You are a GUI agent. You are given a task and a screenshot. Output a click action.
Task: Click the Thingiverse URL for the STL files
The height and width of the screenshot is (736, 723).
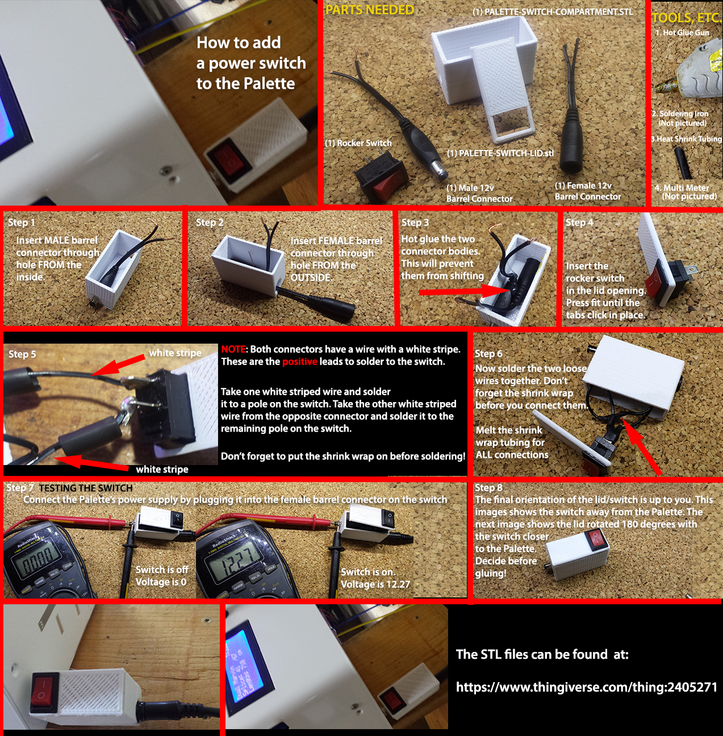coord(587,688)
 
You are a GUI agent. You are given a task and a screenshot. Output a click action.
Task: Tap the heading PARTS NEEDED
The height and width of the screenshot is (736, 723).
coord(370,10)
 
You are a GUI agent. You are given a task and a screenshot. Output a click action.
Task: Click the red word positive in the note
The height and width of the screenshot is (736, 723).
coord(300,362)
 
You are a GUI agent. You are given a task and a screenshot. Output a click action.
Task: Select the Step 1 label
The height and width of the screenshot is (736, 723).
coord(22,223)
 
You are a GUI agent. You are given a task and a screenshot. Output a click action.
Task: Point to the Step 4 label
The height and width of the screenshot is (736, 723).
coord(579,222)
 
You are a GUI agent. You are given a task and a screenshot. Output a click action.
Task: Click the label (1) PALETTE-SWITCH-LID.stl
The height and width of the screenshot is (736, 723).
coord(500,153)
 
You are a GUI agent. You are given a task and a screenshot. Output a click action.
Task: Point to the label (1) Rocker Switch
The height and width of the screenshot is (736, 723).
coord(358,143)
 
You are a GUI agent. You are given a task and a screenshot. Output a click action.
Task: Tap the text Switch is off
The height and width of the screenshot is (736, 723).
coord(162,570)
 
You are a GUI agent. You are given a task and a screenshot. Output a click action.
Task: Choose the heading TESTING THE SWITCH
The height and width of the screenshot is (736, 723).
coord(86,488)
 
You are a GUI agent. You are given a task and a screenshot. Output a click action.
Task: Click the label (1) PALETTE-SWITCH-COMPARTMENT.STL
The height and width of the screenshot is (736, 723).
coord(553,12)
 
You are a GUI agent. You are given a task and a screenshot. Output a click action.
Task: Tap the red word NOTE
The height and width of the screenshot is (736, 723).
coord(233,349)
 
